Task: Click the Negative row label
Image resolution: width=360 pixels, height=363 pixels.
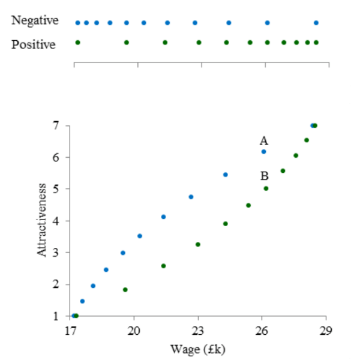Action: coord(35,21)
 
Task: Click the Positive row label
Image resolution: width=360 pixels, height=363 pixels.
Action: coord(34,44)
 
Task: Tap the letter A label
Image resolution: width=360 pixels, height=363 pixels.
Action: coord(263,141)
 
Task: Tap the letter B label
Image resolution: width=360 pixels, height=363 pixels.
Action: coord(264,176)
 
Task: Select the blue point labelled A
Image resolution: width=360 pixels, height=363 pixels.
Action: coord(263,152)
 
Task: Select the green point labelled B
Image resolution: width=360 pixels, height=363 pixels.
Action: coord(266,188)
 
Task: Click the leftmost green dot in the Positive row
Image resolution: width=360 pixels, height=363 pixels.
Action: coord(77,42)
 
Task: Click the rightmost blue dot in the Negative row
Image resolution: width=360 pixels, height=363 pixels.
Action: coord(316,23)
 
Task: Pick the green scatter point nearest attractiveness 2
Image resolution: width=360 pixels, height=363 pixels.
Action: coord(125,290)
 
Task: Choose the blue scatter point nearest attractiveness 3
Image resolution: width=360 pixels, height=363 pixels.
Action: coord(122,253)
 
